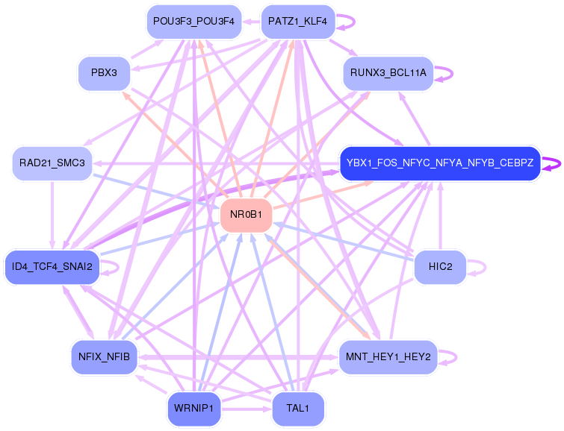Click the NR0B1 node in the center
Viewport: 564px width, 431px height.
click(x=247, y=215)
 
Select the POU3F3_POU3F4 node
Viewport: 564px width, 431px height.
click(x=193, y=22)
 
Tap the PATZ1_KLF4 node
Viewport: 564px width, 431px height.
click(x=297, y=22)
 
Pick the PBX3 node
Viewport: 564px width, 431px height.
click(x=104, y=74)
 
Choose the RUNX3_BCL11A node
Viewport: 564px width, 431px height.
click(x=388, y=73)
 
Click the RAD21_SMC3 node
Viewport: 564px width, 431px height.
click(x=52, y=163)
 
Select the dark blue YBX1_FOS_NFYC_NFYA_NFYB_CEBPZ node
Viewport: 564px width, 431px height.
click(x=440, y=163)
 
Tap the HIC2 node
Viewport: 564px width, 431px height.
click(x=440, y=267)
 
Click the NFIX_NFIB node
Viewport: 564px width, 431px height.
click(x=104, y=356)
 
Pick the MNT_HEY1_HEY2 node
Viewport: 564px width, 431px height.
click(x=388, y=356)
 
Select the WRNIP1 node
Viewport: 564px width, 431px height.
click(x=193, y=409)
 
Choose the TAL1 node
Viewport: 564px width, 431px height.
click(x=297, y=409)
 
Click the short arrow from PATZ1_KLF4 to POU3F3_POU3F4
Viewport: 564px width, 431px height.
click(x=250, y=22)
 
